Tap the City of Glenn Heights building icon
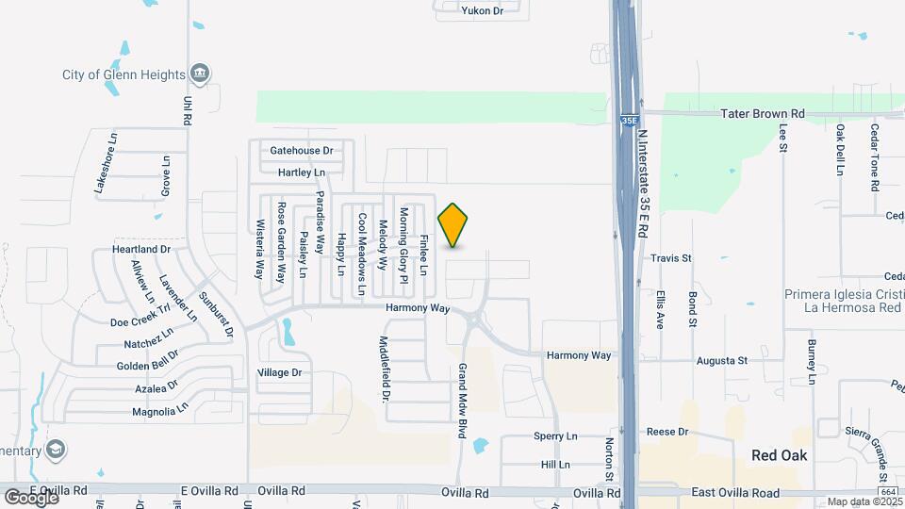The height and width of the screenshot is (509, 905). click(x=199, y=74)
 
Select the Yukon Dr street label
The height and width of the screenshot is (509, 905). click(x=483, y=10)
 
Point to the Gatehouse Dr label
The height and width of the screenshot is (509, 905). click(x=302, y=151)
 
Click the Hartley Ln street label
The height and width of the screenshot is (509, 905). click(x=302, y=172)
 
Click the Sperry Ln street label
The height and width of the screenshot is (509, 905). click(x=555, y=436)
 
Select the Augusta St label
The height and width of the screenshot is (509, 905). click(x=721, y=360)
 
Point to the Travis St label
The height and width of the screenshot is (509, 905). click(x=671, y=257)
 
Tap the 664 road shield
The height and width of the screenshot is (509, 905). click(x=886, y=491)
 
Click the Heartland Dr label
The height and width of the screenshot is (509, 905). click(x=141, y=249)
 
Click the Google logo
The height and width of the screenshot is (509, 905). click(x=31, y=496)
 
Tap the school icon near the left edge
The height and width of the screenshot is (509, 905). click(x=57, y=449)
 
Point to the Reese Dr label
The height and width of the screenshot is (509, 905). click(x=668, y=432)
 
